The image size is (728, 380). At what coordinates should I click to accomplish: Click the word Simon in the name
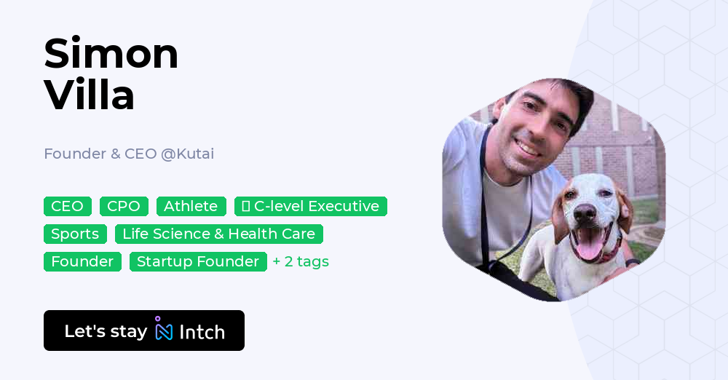(111, 53)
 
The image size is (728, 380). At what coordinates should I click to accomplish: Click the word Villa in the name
(90, 95)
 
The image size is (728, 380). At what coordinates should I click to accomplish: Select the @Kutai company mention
(187, 154)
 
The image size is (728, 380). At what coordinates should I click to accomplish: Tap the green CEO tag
(68, 206)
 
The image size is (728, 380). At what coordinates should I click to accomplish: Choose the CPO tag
(124, 206)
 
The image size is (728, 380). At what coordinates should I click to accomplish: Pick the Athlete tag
(191, 206)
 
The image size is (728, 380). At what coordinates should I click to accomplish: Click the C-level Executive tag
(311, 206)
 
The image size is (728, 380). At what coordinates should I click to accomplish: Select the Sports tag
(75, 234)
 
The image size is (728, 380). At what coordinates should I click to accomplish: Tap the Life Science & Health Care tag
(218, 234)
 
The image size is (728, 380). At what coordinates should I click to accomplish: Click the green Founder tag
(82, 261)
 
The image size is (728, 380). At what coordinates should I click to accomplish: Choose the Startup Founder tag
(198, 261)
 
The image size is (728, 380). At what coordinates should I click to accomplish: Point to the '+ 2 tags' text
(301, 261)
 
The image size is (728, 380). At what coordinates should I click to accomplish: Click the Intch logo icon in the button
(163, 330)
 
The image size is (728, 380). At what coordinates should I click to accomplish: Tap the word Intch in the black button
(202, 332)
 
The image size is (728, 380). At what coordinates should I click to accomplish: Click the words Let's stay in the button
(106, 331)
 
